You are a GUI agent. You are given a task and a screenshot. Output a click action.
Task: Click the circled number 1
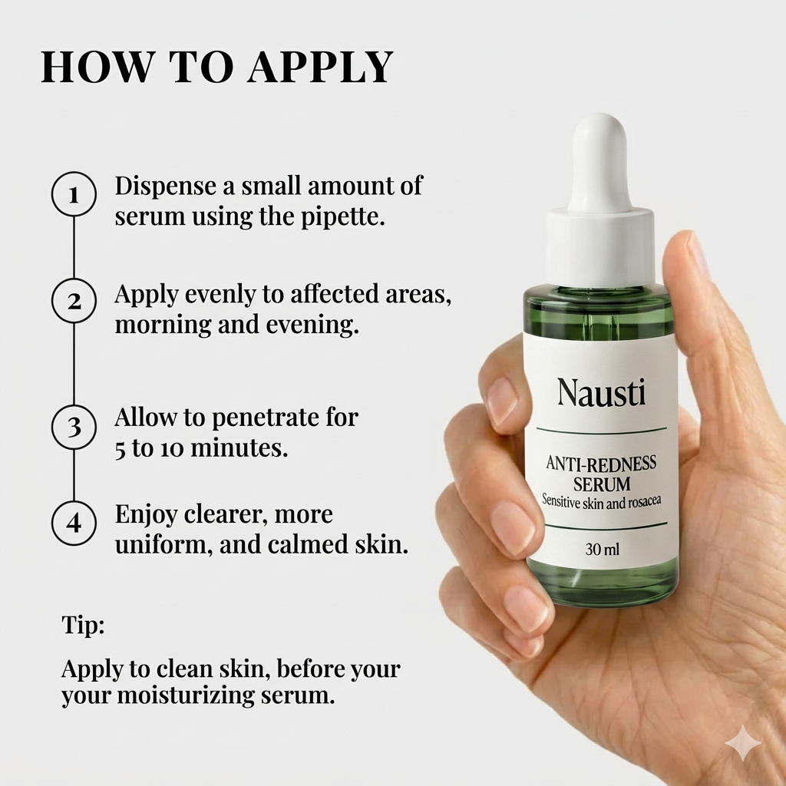(74, 194)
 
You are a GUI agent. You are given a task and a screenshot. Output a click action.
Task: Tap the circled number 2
(74, 301)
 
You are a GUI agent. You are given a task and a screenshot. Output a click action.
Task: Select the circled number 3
(74, 426)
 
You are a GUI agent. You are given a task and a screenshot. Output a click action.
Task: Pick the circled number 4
(74, 523)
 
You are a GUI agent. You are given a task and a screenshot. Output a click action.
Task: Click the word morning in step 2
(157, 325)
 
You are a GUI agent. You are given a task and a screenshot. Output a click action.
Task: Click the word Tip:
(83, 626)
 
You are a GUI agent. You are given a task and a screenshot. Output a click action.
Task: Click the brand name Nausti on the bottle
(601, 393)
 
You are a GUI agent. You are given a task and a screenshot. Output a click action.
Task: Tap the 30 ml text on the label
(601, 550)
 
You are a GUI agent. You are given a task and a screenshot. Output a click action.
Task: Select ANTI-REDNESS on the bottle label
(601, 464)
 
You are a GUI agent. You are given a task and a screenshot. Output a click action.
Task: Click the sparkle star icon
(742, 743)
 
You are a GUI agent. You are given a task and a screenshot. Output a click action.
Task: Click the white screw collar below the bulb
(599, 246)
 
